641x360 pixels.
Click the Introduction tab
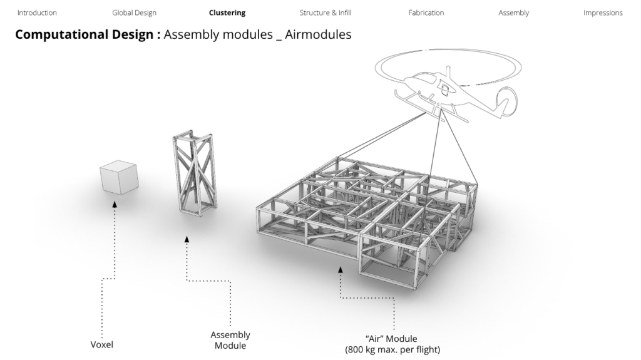click(x=37, y=13)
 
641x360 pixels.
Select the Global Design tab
click(x=134, y=13)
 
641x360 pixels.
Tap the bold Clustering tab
click(x=227, y=13)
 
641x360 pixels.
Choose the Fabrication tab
click(x=426, y=13)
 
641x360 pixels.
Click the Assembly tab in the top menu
click(x=513, y=13)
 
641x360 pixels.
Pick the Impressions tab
click(x=603, y=13)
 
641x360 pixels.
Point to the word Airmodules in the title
click(x=318, y=34)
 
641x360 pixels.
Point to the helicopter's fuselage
click(x=438, y=93)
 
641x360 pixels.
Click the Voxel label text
click(x=102, y=344)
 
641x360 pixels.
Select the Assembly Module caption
click(x=230, y=340)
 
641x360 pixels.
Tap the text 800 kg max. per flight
click(x=392, y=349)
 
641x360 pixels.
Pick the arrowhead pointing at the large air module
click(x=341, y=270)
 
